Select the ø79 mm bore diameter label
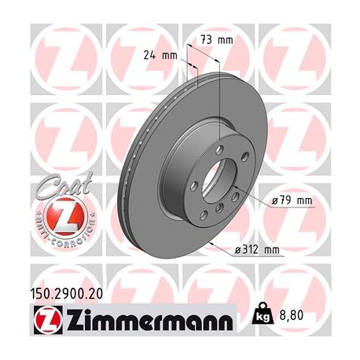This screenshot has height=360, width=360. click(x=291, y=201)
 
